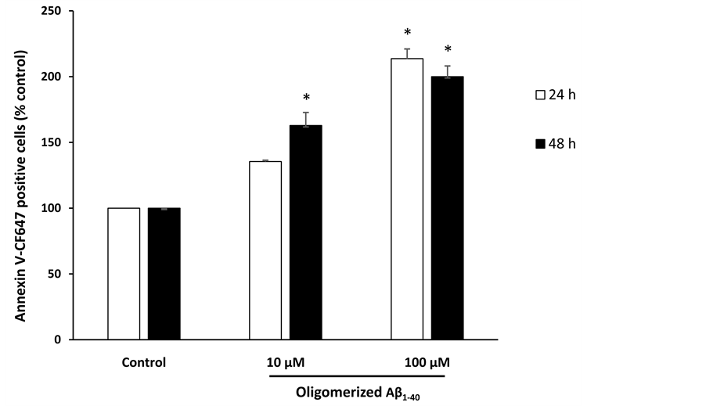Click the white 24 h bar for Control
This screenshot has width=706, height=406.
tap(124, 274)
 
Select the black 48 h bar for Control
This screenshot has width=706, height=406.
tap(164, 274)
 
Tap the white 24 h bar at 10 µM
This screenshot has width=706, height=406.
tap(265, 250)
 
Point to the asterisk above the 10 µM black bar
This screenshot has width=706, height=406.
tap(306, 98)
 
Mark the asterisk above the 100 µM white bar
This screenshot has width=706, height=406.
tap(407, 33)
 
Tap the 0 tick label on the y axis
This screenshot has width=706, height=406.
tap(59, 340)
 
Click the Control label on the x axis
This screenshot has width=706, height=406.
tap(144, 363)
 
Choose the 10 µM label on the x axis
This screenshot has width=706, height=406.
tap(286, 363)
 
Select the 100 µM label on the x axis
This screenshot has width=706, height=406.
tap(427, 363)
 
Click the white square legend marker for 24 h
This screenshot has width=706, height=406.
tap(539, 95)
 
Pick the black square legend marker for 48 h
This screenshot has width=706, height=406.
tap(539, 145)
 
